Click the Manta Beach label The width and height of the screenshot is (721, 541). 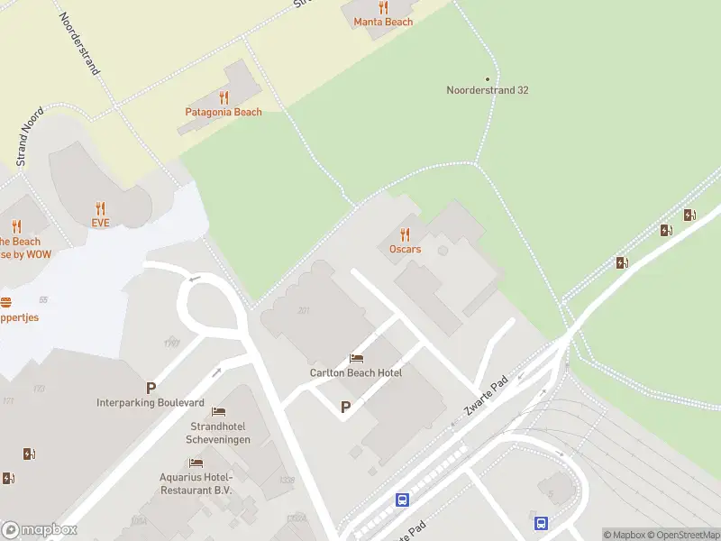click(x=383, y=22)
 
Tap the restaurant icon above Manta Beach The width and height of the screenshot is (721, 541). click(x=383, y=7)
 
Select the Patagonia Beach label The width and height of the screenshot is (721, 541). click(x=224, y=112)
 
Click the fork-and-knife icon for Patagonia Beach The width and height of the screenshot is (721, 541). click(x=224, y=97)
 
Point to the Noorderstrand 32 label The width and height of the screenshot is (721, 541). click(x=488, y=90)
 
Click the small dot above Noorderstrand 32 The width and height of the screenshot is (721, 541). click(x=488, y=78)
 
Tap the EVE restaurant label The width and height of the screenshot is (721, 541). click(x=100, y=222)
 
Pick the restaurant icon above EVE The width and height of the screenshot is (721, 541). click(x=100, y=207)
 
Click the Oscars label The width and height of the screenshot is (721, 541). click(x=405, y=249)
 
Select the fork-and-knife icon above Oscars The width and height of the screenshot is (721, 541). click(x=405, y=234)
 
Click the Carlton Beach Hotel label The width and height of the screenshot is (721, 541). click(x=356, y=372)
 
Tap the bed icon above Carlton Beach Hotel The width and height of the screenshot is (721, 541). click(x=356, y=359)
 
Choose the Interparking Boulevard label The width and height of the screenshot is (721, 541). click(x=151, y=402)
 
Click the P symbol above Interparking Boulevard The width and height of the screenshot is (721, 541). click(x=151, y=389)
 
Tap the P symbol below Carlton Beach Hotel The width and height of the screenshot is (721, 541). click(x=345, y=408)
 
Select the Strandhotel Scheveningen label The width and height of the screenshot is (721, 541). click(x=220, y=433)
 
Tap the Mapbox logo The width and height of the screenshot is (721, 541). click(x=39, y=530)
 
